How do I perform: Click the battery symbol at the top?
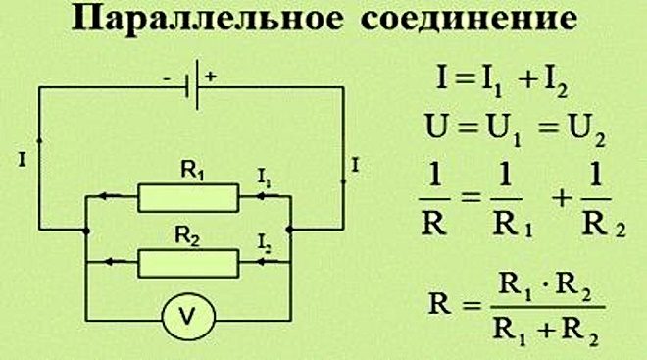tap(196, 85)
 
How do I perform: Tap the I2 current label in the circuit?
tap(264, 241)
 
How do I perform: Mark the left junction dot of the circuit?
tap(86, 231)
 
